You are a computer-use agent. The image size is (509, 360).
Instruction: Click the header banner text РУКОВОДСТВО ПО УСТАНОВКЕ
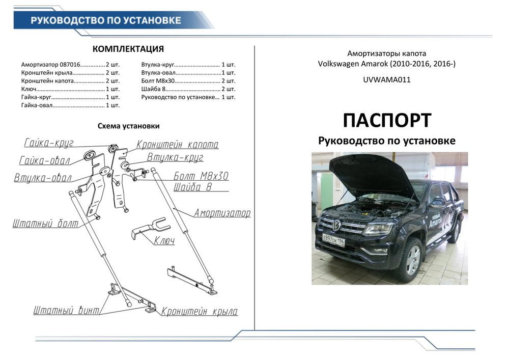(x=106, y=20)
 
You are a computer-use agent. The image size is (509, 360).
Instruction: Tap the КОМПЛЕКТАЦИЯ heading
(x=128, y=49)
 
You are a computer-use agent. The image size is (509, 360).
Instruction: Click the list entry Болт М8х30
(x=188, y=81)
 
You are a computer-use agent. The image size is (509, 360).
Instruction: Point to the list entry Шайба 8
(x=188, y=89)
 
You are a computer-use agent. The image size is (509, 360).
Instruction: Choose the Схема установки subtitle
(x=128, y=126)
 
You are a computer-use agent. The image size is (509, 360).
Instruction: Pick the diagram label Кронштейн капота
(x=177, y=145)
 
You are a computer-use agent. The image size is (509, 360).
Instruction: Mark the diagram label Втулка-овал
(x=43, y=178)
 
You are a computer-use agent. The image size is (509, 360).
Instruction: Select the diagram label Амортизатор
(x=222, y=213)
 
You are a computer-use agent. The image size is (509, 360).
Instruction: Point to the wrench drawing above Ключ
(x=149, y=228)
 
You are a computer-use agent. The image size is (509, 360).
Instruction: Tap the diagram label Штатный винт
(x=66, y=310)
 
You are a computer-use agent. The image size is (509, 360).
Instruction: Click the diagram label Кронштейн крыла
(x=200, y=312)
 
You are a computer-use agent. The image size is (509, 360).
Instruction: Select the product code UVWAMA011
(x=387, y=80)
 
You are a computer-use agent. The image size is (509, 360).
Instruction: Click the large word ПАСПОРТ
(x=387, y=121)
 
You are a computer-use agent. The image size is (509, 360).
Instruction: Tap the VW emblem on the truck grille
(x=336, y=225)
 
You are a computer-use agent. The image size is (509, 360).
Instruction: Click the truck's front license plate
(x=333, y=241)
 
